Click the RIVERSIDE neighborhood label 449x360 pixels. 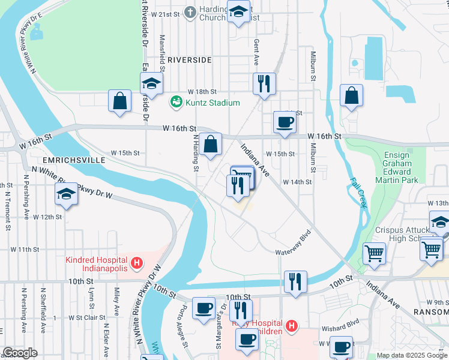tap(189, 60)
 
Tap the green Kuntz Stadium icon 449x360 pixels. tap(176, 103)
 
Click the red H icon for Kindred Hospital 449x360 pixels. tap(137, 263)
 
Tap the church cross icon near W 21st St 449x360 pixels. tap(190, 12)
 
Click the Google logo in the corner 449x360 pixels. tap(20, 353)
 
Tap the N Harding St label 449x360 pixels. tap(195, 152)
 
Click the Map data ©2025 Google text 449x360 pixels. tap(411, 355)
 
